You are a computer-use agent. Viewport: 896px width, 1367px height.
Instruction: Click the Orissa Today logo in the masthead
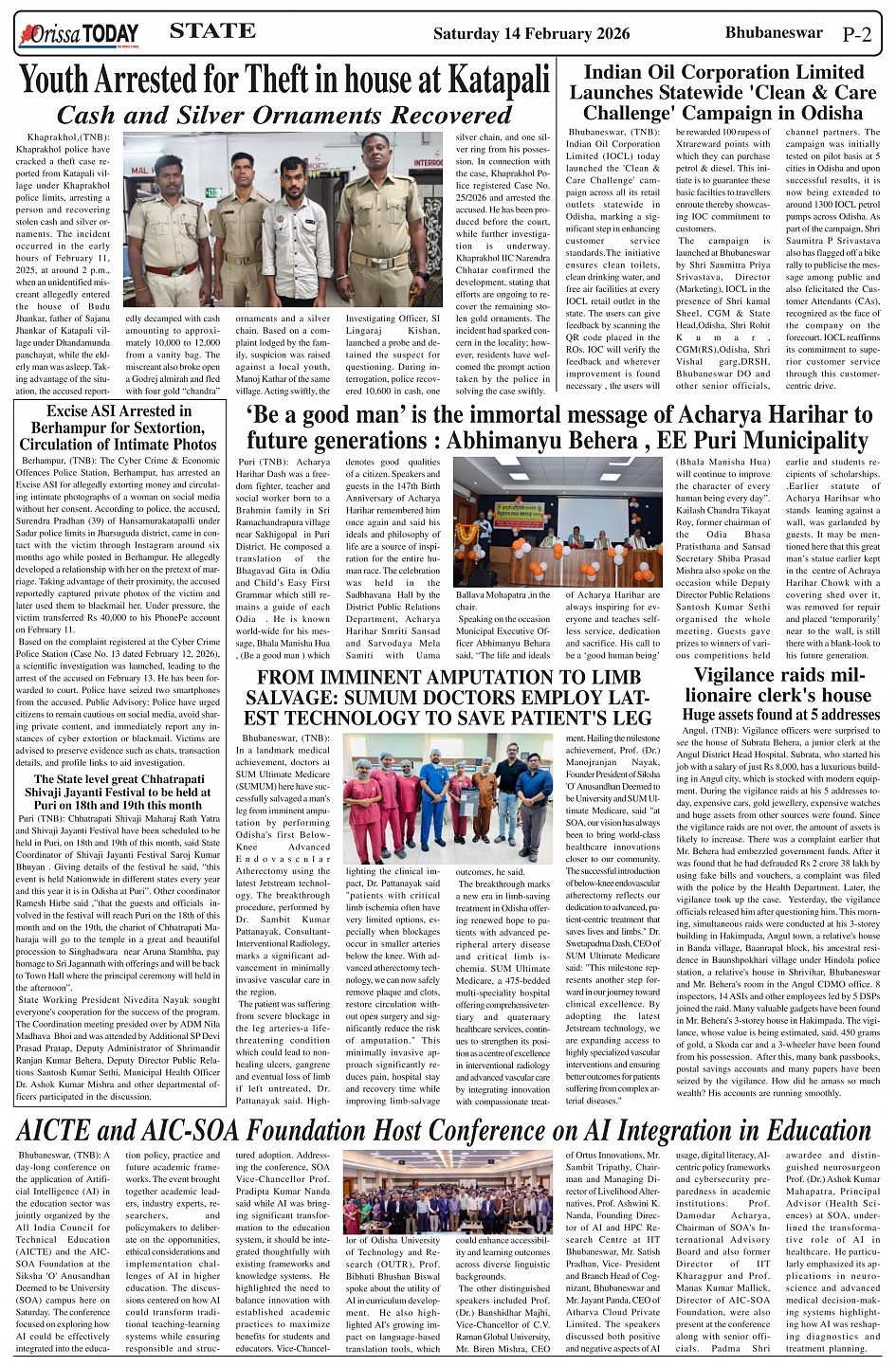79,35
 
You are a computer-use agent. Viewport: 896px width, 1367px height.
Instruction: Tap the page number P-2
856,35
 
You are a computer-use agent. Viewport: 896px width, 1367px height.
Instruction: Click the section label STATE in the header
212,31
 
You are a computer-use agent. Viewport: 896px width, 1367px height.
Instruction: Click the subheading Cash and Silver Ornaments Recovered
284,116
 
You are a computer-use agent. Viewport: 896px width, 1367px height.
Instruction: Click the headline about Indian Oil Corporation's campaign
722,93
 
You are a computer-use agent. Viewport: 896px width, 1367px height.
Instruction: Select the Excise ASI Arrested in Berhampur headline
119,428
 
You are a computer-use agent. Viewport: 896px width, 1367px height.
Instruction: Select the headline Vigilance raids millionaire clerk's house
777,685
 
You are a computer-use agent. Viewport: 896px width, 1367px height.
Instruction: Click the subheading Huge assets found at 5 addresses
780,715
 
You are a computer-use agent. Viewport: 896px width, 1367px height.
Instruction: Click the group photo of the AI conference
448,1192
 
